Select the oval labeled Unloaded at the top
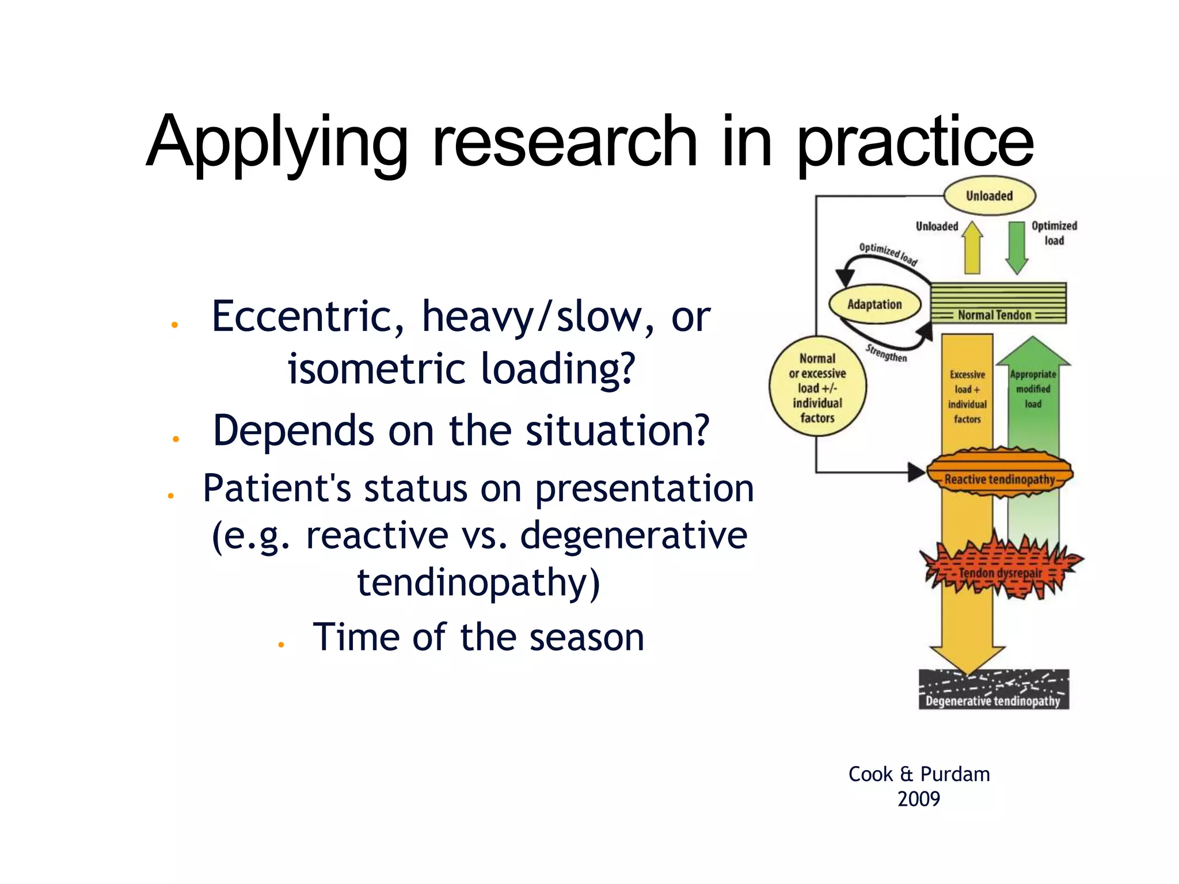(x=989, y=196)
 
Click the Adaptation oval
(x=874, y=304)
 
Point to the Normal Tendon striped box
(x=998, y=303)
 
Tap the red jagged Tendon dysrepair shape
(x=1001, y=570)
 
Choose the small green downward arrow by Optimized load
(x=1017, y=247)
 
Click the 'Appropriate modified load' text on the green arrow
(x=1033, y=389)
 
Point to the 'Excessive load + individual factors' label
(x=967, y=397)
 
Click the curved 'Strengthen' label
(x=887, y=353)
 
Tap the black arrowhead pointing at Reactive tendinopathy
(x=916, y=473)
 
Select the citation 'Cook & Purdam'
(x=919, y=774)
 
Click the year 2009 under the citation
(x=919, y=799)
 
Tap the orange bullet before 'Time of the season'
(x=281, y=645)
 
